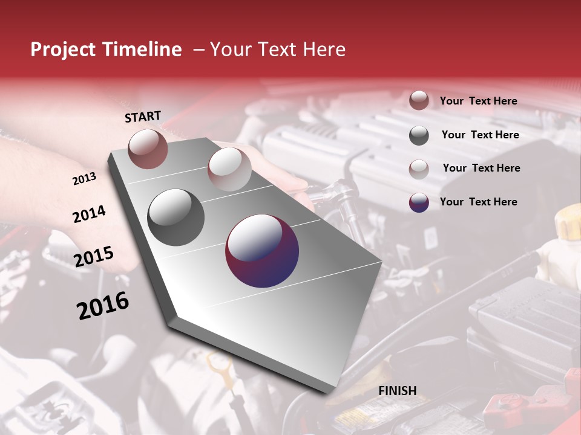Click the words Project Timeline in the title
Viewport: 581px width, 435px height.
click(x=106, y=50)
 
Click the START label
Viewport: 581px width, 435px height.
click(x=143, y=117)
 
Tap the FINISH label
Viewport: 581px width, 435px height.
click(x=398, y=391)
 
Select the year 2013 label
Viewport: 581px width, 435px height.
click(x=84, y=179)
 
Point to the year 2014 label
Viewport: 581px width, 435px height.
click(x=89, y=214)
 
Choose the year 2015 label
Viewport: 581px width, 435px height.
click(x=94, y=257)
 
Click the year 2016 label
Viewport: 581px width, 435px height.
click(x=103, y=305)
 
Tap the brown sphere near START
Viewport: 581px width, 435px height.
click(x=148, y=149)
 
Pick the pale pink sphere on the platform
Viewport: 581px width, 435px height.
click(x=229, y=169)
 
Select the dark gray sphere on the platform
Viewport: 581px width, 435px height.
click(x=176, y=217)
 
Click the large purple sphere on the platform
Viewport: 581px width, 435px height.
click(x=262, y=251)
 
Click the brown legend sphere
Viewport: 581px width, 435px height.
click(x=419, y=100)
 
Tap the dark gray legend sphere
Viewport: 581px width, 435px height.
click(x=419, y=135)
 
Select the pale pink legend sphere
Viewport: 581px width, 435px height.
click(x=419, y=169)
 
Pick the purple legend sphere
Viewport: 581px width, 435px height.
click(x=419, y=202)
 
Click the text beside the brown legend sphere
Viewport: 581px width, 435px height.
click(x=478, y=101)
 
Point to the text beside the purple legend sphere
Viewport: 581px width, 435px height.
click(x=478, y=202)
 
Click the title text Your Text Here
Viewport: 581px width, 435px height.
click(x=278, y=50)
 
